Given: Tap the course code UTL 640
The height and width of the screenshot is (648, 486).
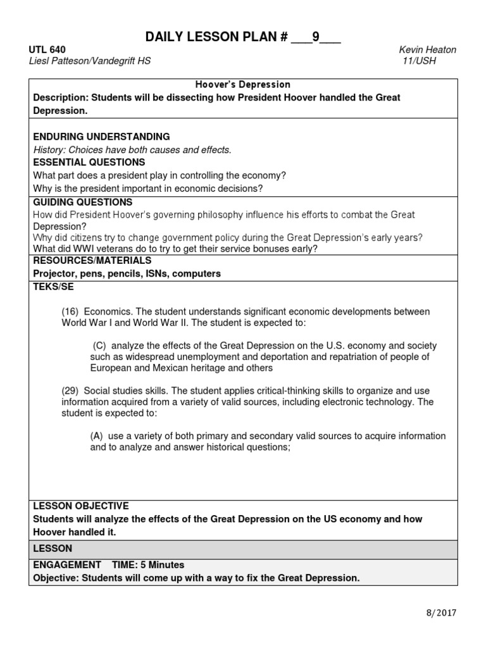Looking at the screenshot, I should [47, 49].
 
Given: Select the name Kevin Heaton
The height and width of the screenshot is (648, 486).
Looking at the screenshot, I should [427, 49].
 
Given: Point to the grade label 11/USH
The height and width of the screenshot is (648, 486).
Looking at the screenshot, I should [419, 61].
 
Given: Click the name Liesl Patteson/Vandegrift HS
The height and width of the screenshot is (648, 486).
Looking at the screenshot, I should [90, 61].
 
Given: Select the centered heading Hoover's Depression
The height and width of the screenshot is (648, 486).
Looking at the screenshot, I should [242, 84].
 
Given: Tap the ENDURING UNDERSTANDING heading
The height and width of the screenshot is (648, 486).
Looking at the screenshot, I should [101, 137].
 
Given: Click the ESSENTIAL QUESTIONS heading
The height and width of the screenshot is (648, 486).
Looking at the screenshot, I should [89, 162].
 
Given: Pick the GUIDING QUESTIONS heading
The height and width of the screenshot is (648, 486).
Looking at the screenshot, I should [83, 202].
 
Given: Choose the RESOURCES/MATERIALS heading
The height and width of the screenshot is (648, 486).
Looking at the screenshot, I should [92, 261].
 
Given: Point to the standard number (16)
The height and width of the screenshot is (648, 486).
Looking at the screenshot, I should [70, 311].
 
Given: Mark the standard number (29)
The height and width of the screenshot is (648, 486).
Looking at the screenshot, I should [70, 391].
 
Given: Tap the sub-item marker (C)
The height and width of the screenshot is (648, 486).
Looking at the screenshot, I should [99, 346].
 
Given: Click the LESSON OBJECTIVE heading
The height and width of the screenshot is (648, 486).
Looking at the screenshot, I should [80, 506].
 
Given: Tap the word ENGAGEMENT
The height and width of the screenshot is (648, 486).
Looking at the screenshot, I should [66, 564].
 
